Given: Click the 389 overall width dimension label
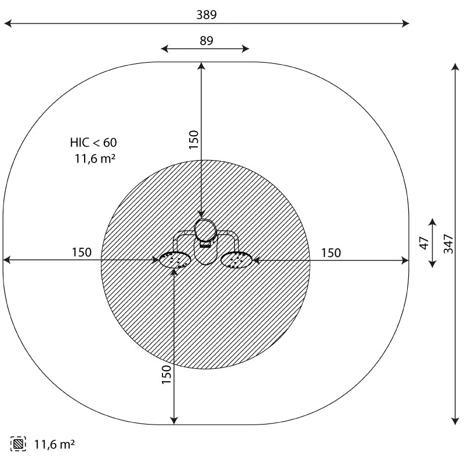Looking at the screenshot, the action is [x=206, y=14].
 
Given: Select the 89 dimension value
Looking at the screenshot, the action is [x=206, y=41].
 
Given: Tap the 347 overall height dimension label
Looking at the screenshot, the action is [x=448, y=244].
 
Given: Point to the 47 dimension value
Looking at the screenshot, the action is [x=425, y=243].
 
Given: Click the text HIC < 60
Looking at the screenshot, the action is [x=93, y=143].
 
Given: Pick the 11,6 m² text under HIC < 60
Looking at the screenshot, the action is [x=95, y=158].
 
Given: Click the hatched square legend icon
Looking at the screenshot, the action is [x=18, y=444].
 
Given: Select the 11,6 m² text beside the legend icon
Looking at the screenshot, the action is [x=55, y=444].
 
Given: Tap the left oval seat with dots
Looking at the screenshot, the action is [x=175, y=260].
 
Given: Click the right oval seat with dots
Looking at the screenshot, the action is [x=237, y=260].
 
